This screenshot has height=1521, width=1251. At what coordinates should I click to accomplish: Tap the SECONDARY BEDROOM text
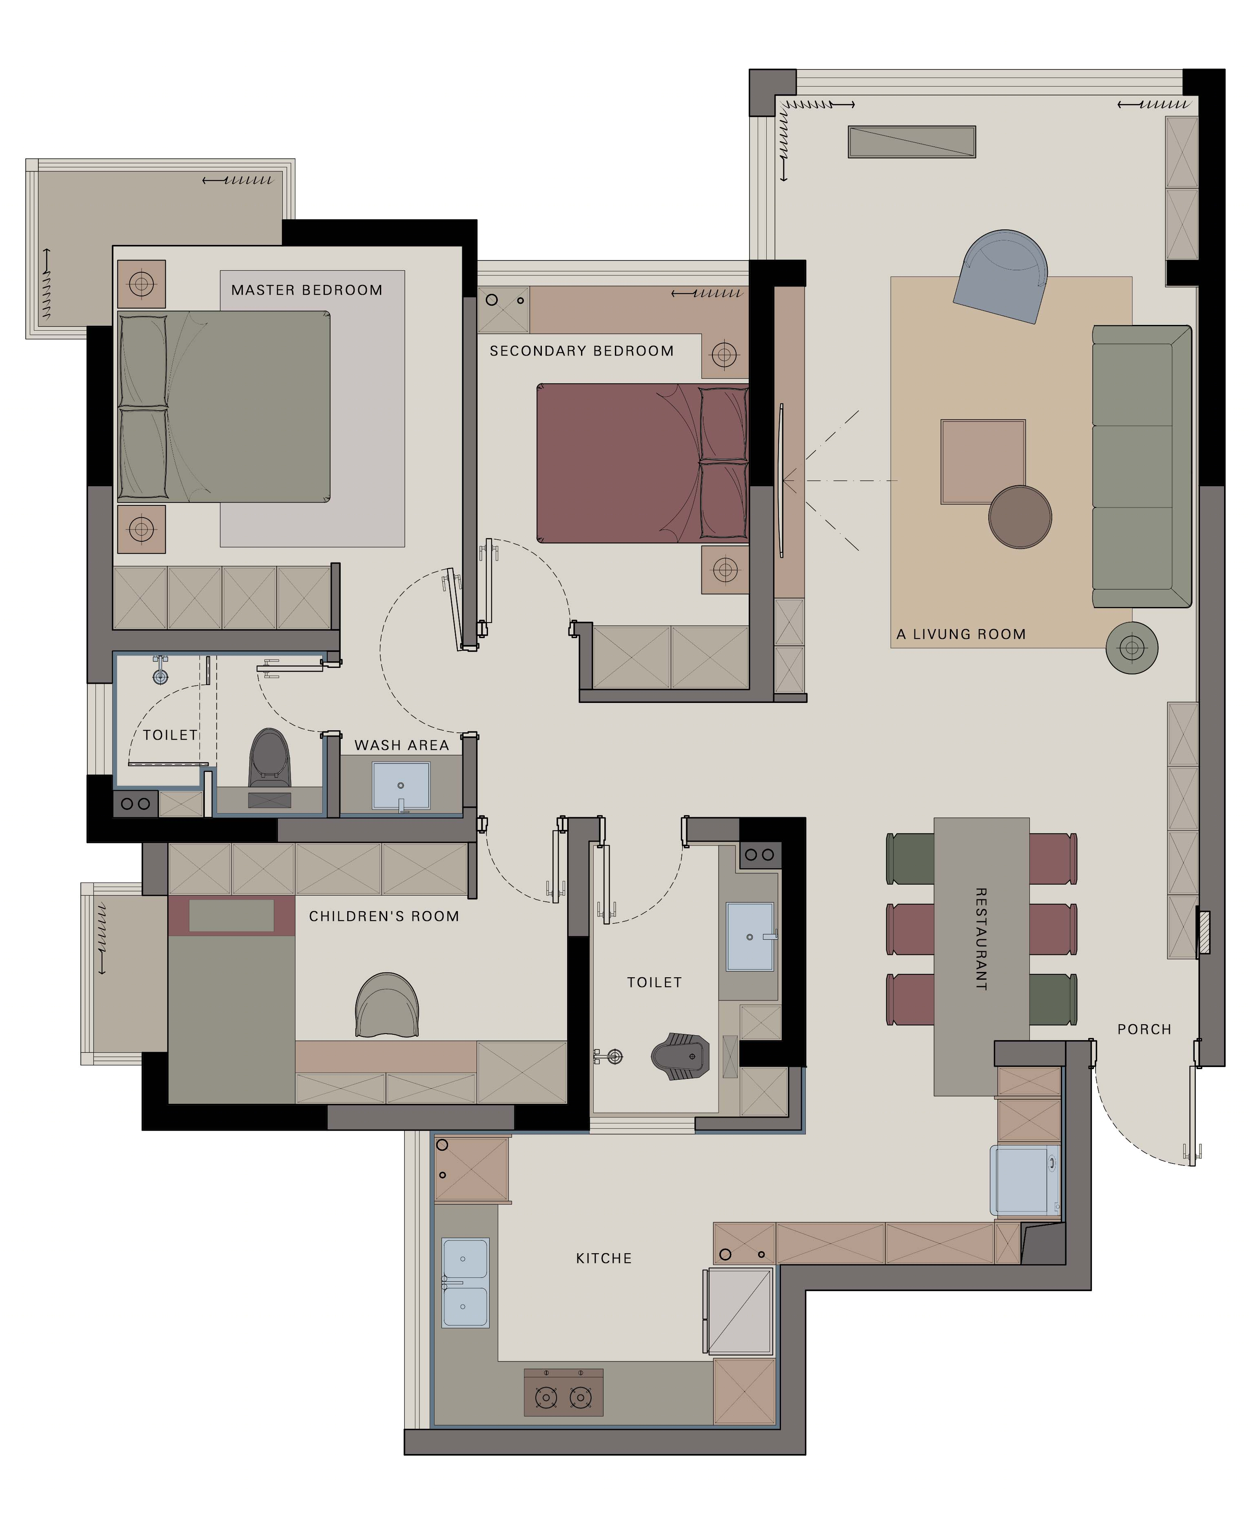[x=581, y=351]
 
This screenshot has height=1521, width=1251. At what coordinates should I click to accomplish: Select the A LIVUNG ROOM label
[x=960, y=634]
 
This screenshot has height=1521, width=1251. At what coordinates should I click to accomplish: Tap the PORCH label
[x=1145, y=1030]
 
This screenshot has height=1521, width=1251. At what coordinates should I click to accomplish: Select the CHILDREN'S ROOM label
[x=384, y=916]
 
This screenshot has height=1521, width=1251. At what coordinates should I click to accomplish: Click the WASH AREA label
[x=401, y=745]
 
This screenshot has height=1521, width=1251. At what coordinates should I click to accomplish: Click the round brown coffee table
[x=1020, y=517]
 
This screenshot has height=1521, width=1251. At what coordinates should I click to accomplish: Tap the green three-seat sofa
[x=1142, y=467]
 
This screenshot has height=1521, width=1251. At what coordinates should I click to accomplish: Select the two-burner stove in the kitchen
[x=563, y=1393]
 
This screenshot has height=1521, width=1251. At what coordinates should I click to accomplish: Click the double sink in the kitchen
[x=465, y=1283]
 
